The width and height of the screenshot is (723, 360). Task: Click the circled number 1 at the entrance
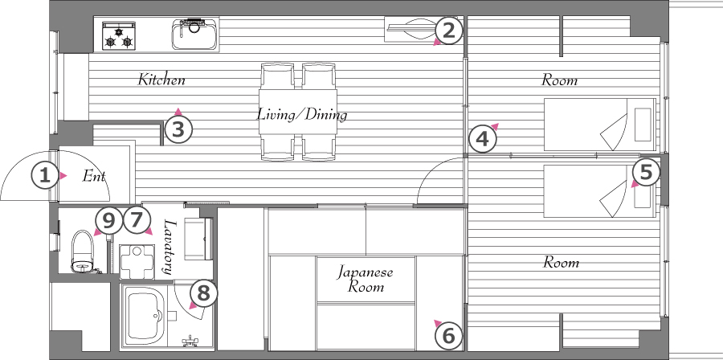click(x=45, y=176)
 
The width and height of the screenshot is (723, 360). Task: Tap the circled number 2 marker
click(x=448, y=31)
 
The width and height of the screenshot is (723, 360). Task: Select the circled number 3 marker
click(x=178, y=130)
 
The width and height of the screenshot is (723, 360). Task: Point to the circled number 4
click(x=482, y=139)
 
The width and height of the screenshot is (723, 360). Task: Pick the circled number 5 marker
click(x=646, y=173)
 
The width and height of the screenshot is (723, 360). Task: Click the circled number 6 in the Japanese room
click(x=448, y=335)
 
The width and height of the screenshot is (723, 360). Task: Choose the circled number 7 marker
click(x=135, y=220)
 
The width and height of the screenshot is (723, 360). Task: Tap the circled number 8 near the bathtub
click(x=204, y=293)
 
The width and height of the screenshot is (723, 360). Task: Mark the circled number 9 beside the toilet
click(x=108, y=220)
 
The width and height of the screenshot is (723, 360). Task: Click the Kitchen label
click(x=161, y=80)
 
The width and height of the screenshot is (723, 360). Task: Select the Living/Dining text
click(x=302, y=114)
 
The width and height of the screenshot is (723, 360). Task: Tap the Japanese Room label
click(x=366, y=280)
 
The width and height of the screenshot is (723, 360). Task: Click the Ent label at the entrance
click(x=94, y=176)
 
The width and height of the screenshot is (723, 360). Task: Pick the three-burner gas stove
click(x=119, y=35)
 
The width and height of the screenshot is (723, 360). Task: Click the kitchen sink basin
click(x=194, y=34)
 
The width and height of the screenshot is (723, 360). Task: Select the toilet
click(x=83, y=251)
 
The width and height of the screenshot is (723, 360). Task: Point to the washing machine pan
click(x=137, y=262)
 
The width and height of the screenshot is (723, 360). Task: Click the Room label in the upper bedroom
click(x=559, y=80)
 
